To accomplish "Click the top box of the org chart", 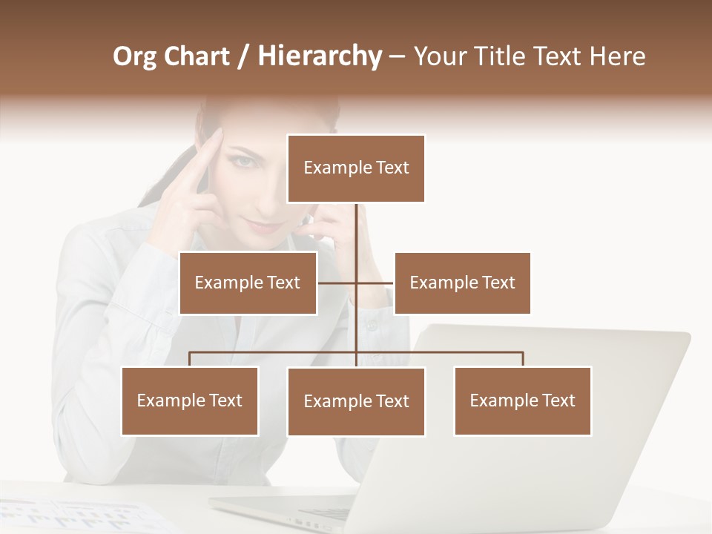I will [356, 168].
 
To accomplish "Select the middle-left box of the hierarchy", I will [248, 283].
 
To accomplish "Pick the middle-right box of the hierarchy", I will [462, 283].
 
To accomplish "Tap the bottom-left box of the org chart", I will [190, 400].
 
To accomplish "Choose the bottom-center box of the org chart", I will [356, 401].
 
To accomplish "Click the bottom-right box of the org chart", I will [522, 400].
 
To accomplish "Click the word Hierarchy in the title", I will [320, 56].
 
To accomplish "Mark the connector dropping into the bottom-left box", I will [190, 359].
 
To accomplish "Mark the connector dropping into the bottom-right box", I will [523, 359].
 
